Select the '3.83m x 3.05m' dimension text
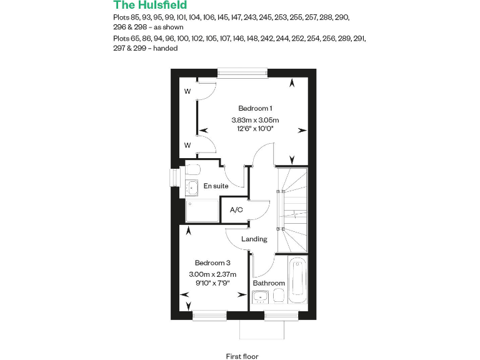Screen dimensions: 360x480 (x=255, y=120)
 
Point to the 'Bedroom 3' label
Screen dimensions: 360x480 (x=212, y=262)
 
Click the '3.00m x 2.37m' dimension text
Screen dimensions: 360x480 (x=212, y=274)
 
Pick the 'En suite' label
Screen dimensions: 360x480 (x=216, y=186)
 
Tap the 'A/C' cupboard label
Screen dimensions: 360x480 (x=236, y=209)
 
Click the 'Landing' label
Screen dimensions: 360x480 (x=254, y=239)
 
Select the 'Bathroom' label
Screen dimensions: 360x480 (x=269, y=283)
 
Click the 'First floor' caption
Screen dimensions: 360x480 (x=242, y=356)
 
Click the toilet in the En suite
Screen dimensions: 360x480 (x=192, y=169)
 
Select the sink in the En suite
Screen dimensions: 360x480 (x=191, y=187)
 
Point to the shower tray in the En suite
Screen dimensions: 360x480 (x=202, y=211)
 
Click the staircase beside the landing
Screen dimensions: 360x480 (x=292, y=200)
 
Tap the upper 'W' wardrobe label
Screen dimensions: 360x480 (x=187, y=91)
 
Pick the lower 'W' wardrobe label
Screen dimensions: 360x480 (x=187, y=146)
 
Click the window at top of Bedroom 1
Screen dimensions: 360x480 (x=243, y=72)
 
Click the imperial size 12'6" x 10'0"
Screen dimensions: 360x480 (x=255, y=129)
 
